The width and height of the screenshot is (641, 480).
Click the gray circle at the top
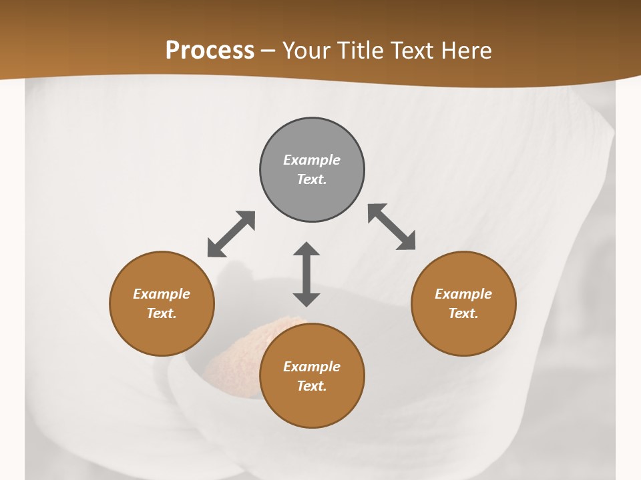[312, 170]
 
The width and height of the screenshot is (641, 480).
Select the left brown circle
[162, 304]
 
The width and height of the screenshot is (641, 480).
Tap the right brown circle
[463, 304]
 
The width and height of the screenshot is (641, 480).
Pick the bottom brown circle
[312, 376]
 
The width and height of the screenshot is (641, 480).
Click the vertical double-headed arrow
[306, 274]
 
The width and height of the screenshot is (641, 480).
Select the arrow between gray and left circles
[231, 234]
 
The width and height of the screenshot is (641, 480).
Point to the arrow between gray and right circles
[392, 227]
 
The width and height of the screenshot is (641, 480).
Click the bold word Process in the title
[210, 50]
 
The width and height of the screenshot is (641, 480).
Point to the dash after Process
[268, 51]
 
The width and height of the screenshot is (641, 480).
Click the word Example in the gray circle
[312, 160]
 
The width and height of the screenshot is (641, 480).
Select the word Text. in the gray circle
[312, 179]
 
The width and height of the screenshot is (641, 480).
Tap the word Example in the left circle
[162, 294]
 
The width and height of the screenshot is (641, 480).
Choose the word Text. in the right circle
[463, 313]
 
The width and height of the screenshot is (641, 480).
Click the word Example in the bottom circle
[312, 367]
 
